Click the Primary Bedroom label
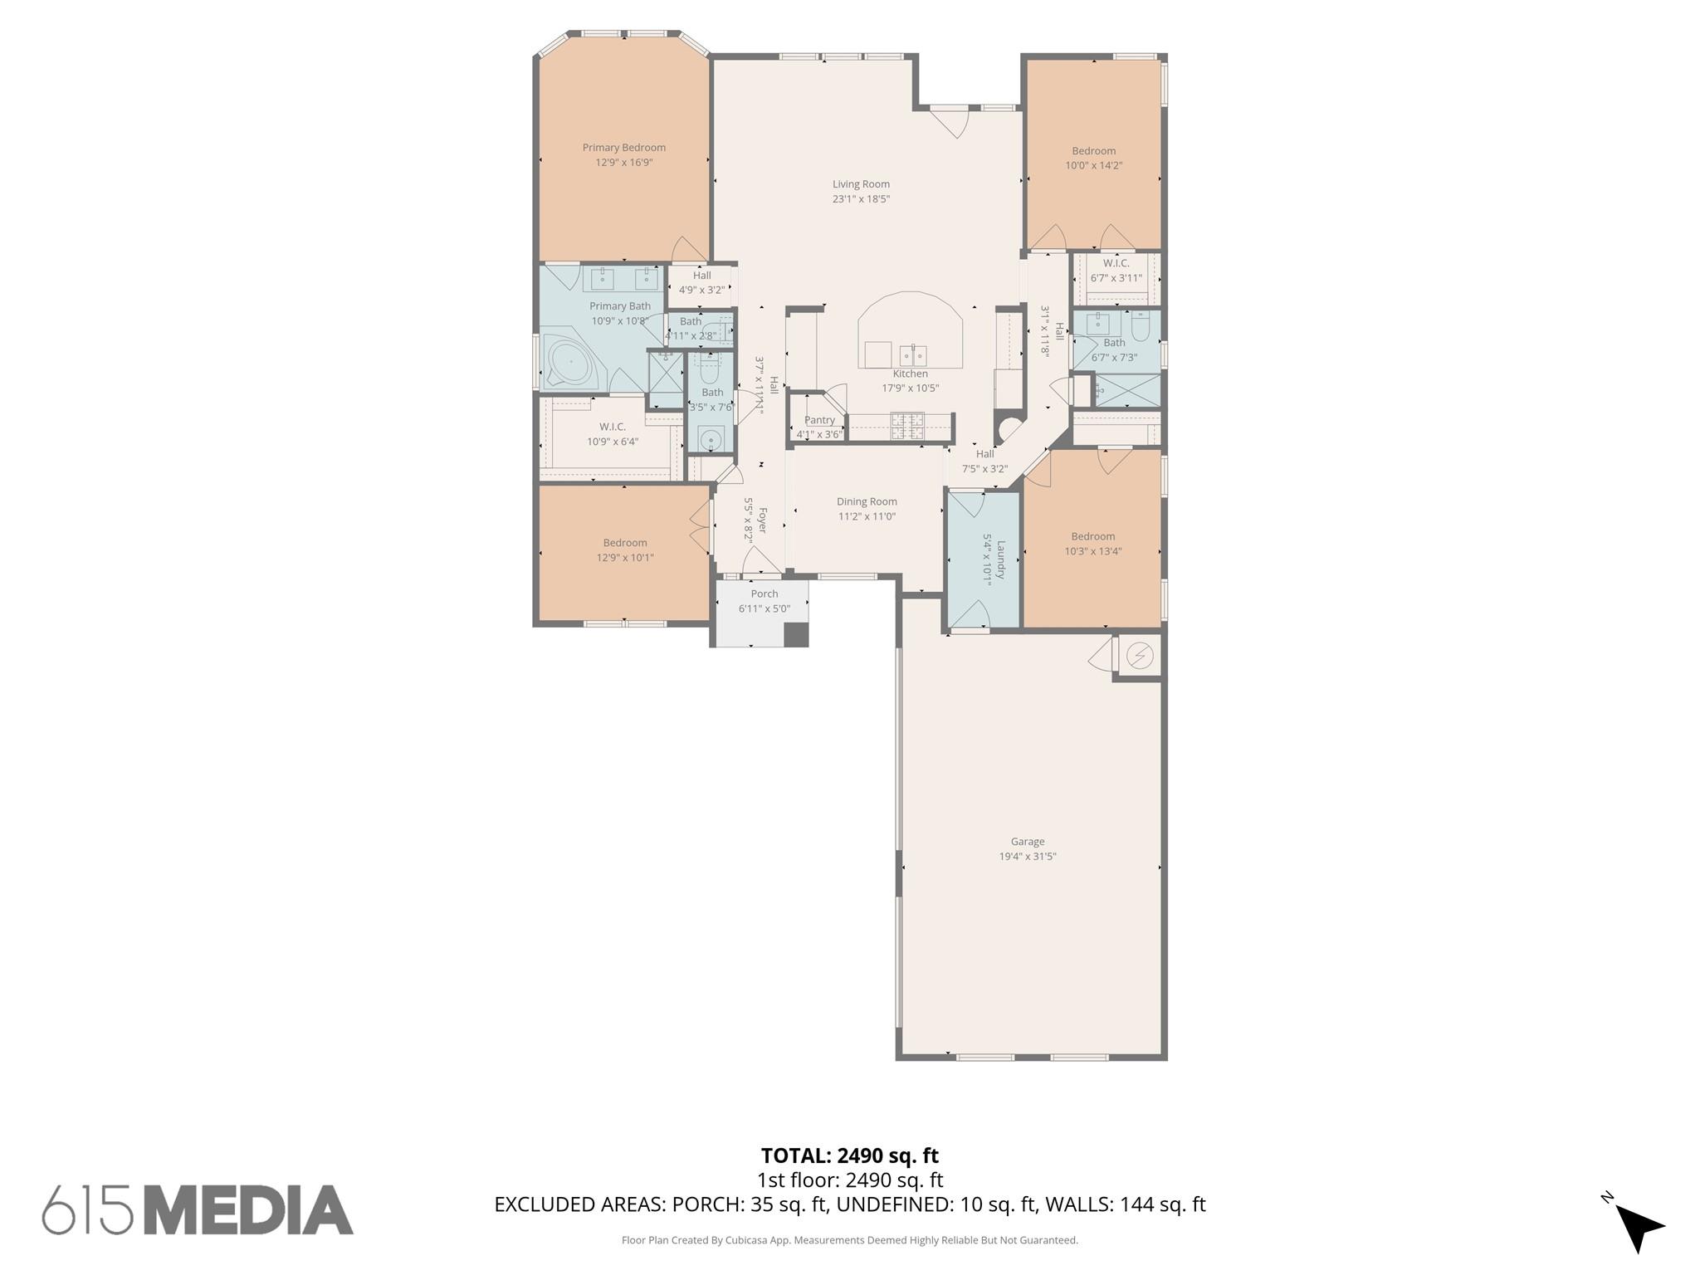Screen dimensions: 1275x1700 623,148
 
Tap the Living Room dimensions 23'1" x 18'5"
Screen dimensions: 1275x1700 861,199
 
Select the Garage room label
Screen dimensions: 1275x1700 1027,842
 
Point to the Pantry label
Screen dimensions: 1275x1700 819,420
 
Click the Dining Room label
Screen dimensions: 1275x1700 867,501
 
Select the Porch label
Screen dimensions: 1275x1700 764,594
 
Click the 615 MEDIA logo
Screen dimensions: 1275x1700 198,1209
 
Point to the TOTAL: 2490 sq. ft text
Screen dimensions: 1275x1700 849,1155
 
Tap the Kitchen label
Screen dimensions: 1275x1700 910,374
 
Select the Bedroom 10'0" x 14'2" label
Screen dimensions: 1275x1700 1093,151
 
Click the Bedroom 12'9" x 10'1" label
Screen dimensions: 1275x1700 624,543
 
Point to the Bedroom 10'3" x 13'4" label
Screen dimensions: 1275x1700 1092,536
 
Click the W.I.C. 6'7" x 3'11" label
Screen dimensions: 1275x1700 1116,263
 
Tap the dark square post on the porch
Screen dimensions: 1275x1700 796,633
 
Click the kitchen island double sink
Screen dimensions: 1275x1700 913,355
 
